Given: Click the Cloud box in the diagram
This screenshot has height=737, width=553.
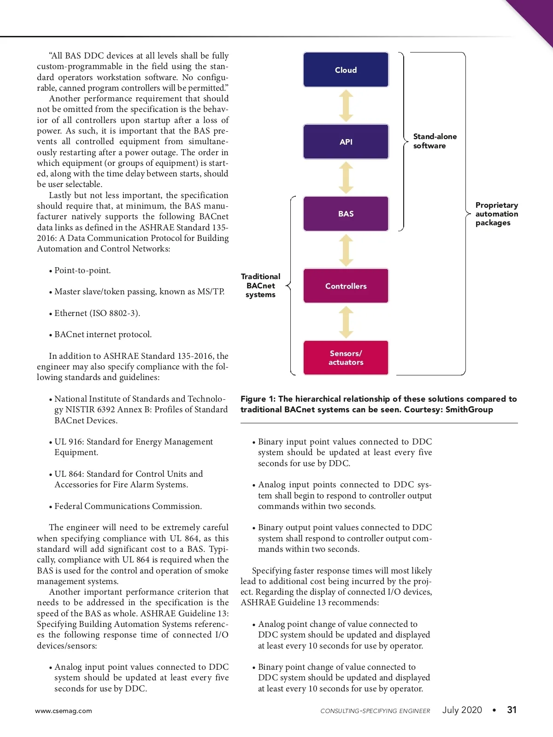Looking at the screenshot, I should (346, 70).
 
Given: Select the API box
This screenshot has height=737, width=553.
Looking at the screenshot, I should (346, 141).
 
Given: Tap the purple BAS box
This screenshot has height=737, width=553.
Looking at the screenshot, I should (346, 214).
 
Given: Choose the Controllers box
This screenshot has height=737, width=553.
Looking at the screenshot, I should (346, 286).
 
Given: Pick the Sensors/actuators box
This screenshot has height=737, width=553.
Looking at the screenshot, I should (346, 357).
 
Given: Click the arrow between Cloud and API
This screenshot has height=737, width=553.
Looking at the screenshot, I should (346, 105).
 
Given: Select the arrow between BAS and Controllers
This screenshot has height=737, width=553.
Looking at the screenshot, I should (346, 250).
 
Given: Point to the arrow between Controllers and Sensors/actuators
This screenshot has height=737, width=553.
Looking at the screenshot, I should (346, 322).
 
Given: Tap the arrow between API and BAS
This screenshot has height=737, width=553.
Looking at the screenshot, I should (346, 178).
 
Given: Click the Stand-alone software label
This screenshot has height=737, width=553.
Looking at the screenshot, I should (435, 141).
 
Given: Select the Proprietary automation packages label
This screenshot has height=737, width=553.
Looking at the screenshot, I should (496, 214).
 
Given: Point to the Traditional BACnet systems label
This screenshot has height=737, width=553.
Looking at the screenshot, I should (260, 286).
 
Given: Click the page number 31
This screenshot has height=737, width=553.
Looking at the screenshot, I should (512, 710).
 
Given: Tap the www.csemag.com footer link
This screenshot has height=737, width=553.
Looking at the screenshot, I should (64, 711).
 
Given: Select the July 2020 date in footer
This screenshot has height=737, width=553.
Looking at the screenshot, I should (462, 710).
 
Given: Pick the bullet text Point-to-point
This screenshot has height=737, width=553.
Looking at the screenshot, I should (82, 270).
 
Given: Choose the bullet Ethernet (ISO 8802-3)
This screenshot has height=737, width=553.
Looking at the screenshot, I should (97, 313).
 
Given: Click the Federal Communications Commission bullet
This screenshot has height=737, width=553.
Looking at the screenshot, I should (128, 506).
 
